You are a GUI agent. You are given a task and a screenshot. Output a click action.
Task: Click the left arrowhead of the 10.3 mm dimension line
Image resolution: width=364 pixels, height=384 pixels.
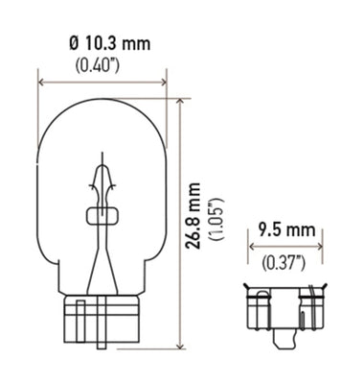pos(41,82)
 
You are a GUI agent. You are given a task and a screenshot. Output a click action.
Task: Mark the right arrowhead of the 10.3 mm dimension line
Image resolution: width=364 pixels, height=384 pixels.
pos(163,82)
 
